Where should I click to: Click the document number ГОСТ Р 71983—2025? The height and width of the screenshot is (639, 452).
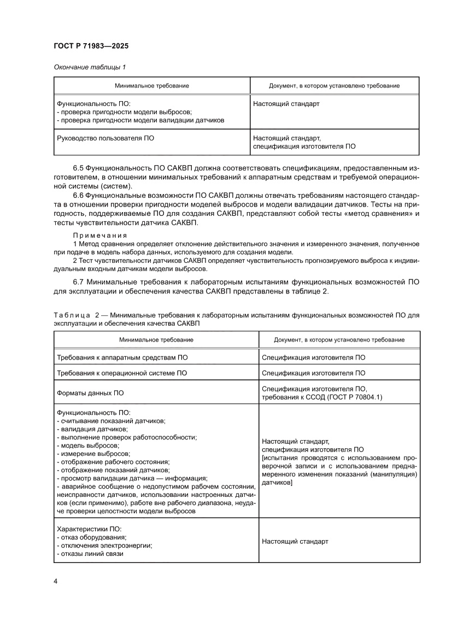click(x=91, y=46)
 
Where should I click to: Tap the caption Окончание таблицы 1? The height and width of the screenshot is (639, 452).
click(x=90, y=67)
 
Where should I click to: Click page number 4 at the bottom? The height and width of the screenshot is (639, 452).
click(x=56, y=581)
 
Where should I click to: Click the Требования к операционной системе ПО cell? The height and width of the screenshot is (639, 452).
click(x=122, y=373)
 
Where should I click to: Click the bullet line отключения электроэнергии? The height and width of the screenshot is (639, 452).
click(x=104, y=546)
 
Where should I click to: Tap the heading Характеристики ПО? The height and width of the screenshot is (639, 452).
click(x=89, y=529)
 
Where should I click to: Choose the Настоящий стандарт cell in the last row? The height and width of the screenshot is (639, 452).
click(x=295, y=541)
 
